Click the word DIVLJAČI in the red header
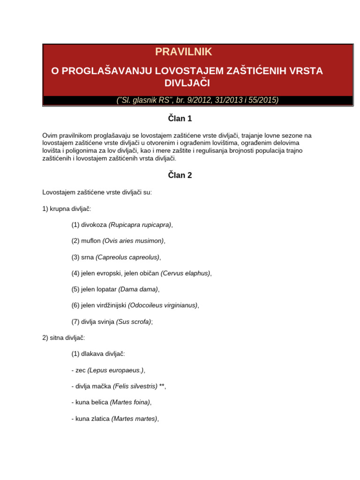point(187,83)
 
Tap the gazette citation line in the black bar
point(197,100)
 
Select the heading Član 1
point(180,119)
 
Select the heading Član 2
point(180,175)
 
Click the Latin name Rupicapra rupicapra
point(140,225)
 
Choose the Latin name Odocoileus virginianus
point(163,305)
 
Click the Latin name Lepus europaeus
point(115,370)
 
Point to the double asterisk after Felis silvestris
point(162,386)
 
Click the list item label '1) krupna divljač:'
point(67,208)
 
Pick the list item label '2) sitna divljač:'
point(64,337)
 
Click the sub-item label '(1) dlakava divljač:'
point(98,354)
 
